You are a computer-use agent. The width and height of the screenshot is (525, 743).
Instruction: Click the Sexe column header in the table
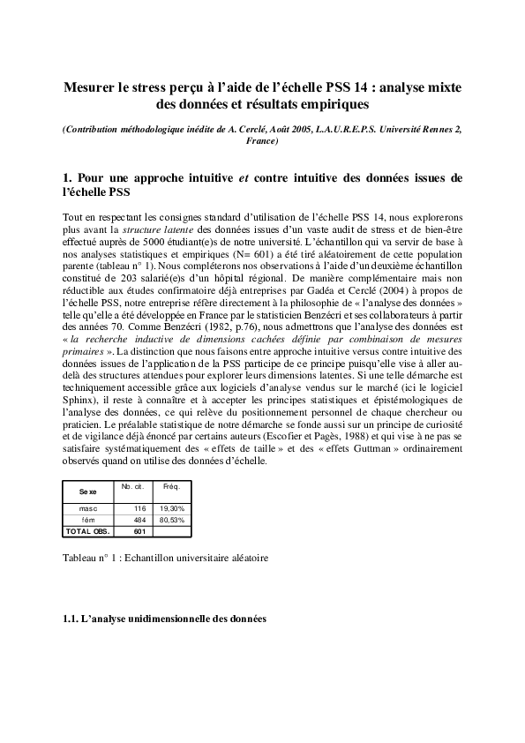87,492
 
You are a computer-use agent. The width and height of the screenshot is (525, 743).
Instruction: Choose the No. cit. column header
132,487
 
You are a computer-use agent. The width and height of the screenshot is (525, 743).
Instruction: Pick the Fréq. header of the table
167,487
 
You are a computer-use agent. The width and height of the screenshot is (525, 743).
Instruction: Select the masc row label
87,509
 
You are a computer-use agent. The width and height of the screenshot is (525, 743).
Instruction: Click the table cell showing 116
139,509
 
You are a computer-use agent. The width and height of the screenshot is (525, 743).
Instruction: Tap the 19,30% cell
171,509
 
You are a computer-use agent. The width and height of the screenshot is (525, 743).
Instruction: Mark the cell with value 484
139,521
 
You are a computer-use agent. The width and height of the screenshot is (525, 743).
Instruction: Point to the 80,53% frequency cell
171,521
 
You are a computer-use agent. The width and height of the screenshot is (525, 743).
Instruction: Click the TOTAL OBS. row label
86,531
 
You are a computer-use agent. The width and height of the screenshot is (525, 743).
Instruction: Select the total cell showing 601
139,531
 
